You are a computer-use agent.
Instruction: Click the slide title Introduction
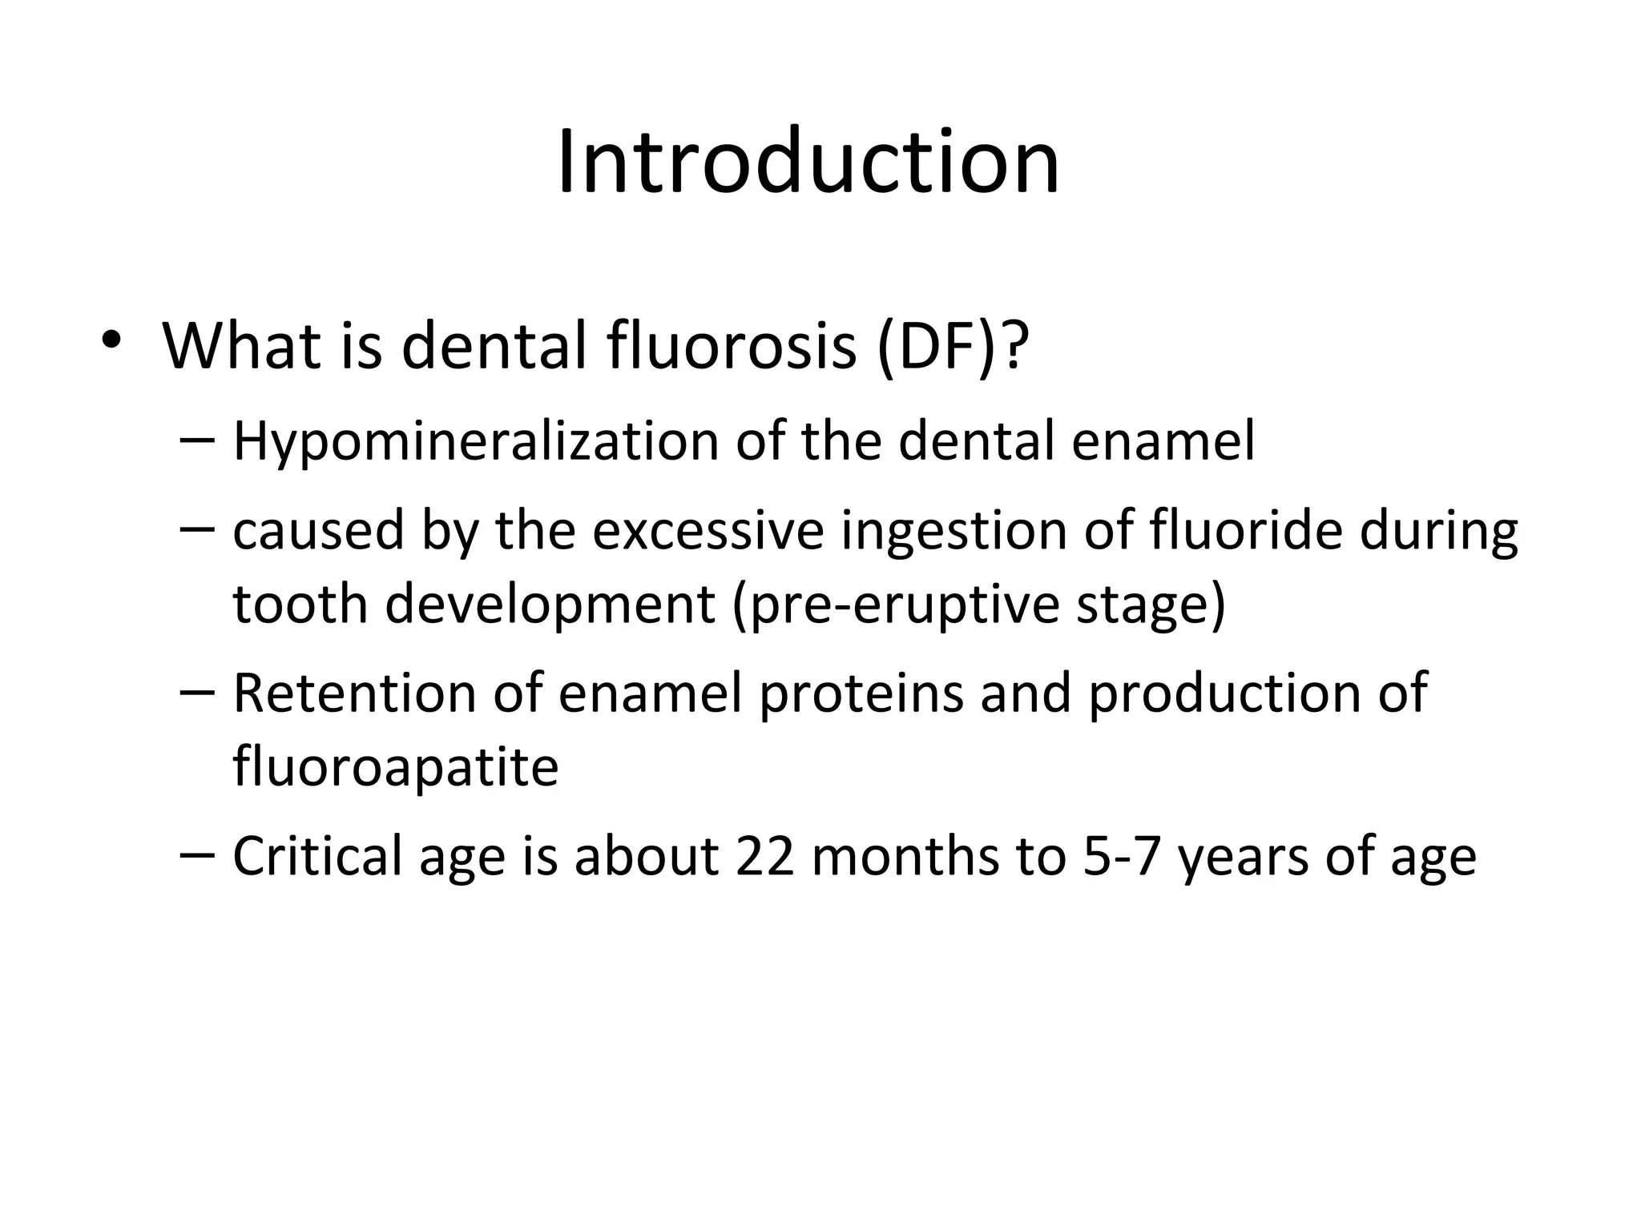(x=808, y=163)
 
